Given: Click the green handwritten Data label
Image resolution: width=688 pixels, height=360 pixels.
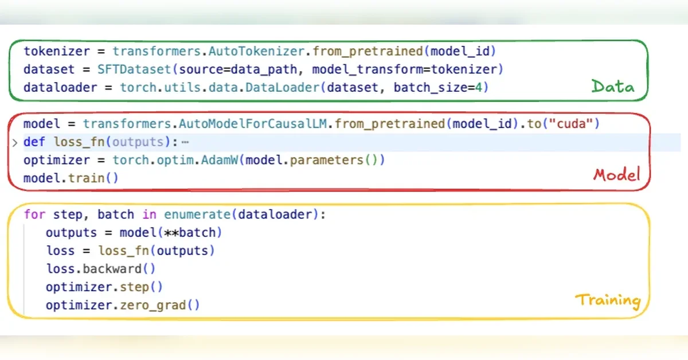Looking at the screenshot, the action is click(613, 86).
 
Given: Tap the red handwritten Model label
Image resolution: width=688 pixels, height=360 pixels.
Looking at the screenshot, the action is click(617, 175).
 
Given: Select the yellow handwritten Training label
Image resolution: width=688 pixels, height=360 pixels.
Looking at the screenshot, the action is click(608, 301).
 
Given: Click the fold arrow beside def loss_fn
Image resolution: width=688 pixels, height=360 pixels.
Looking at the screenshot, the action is click(15, 143).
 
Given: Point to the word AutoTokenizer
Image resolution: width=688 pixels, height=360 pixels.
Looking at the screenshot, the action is click(256, 51).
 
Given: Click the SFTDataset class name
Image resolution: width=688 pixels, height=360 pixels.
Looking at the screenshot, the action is click(134, 69).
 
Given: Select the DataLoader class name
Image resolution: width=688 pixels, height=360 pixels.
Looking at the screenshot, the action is click(283, 88).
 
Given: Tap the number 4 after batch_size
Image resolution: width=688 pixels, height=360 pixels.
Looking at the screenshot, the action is click(479, 88).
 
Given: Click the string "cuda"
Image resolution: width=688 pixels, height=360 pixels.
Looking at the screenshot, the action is click(571, 124).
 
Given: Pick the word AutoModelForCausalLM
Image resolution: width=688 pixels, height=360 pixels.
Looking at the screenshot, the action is click(253, 124).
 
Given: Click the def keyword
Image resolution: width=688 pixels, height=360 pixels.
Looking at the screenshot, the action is click(34, 142).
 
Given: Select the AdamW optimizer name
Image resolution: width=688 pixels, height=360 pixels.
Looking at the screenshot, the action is click(219, 160).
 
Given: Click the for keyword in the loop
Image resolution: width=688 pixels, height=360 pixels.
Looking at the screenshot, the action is click(34, 214).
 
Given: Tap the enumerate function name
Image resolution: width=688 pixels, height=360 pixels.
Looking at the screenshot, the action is click(197, 214).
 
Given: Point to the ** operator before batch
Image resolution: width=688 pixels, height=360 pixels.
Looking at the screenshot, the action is click(171, 233).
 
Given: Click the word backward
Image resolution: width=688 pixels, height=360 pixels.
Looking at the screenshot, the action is click(112, 269).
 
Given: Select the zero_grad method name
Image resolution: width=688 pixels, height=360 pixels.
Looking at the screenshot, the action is click(153, 306).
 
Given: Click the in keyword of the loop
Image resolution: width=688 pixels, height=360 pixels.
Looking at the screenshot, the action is click(149, 214).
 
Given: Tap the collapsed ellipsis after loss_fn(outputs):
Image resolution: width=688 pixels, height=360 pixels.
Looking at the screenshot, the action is click(185, 142).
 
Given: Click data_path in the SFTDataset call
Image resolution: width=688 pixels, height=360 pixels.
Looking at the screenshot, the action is click(264, 69).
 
